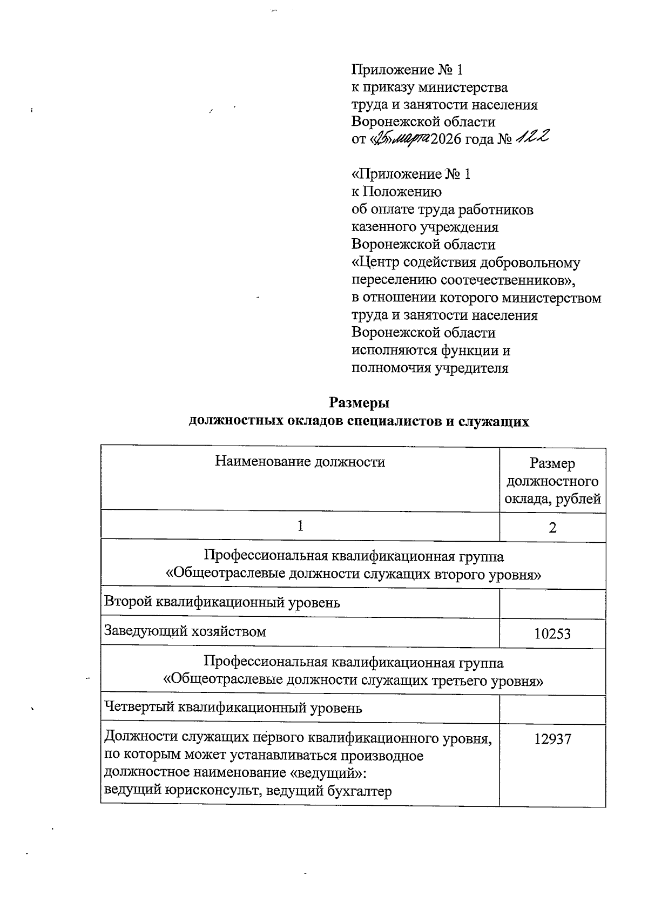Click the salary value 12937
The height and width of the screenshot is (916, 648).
(x=552, y=739)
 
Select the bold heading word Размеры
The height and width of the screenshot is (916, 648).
(x=359, y=403)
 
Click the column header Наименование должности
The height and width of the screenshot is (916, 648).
(x=300, y=462)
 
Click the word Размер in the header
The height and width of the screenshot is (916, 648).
(x=552, y=463)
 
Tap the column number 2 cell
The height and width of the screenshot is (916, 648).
(x=552, y=528)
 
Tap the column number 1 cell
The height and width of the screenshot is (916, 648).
(x=300, y=526)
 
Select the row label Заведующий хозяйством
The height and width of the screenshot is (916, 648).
(x=185, y=631)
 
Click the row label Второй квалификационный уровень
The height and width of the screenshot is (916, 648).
(x=222, y=602)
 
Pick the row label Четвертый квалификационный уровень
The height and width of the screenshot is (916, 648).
(x=233, y=708)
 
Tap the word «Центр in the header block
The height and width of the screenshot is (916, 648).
(x=373, y=263)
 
